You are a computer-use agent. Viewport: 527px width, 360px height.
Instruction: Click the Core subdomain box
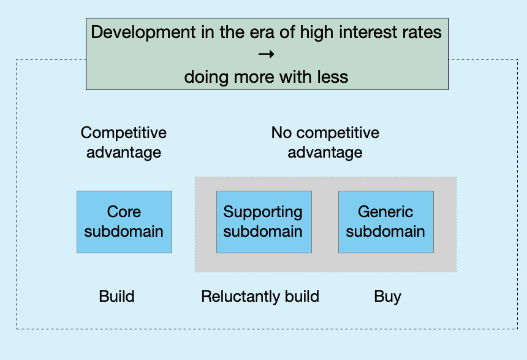(x=124, y=222)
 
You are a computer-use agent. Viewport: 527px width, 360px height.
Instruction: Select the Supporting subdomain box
(x=264, y=222)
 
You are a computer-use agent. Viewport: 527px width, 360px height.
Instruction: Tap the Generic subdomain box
(x=386, y=222)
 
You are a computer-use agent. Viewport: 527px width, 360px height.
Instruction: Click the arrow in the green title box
(x=267, y=54)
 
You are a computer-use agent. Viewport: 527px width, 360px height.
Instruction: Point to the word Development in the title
(x=143, y=33)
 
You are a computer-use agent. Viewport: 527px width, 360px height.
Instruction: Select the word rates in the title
(x=424, y=33)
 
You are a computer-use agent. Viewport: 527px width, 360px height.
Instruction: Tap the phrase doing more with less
(x=266, y=77)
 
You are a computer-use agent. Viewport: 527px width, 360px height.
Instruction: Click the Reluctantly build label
(x=260, y=297)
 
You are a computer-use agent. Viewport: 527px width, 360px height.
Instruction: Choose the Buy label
(x=387, y=297)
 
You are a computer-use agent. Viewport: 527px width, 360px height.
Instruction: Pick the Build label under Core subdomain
(x=116, y=296)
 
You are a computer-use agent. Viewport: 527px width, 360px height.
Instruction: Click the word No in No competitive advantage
(x=281, y=133)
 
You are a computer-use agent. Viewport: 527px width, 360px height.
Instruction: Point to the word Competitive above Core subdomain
(x=124, y=133)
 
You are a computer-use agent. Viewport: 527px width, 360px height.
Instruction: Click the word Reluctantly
(x=241, y=297)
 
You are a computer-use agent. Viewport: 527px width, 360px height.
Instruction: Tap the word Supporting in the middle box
(x=263, y=212)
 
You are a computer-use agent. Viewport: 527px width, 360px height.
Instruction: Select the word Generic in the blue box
(x=385, y=212)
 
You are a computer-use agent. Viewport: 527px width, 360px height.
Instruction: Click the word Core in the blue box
(x=124, y=212)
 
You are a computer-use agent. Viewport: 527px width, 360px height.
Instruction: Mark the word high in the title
(x=317, y=33)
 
